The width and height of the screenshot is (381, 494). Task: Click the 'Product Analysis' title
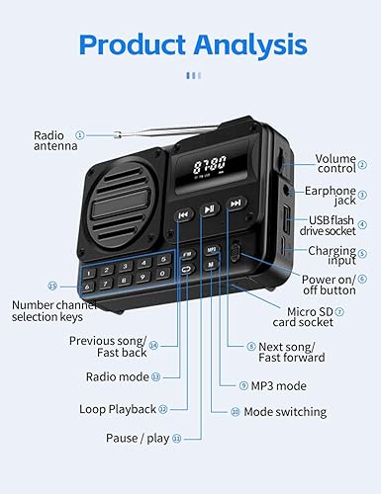pos(190,44)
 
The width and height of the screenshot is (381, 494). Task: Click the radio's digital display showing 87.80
pos(208,164)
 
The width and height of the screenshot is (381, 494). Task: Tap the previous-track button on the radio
pos(182,212)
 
